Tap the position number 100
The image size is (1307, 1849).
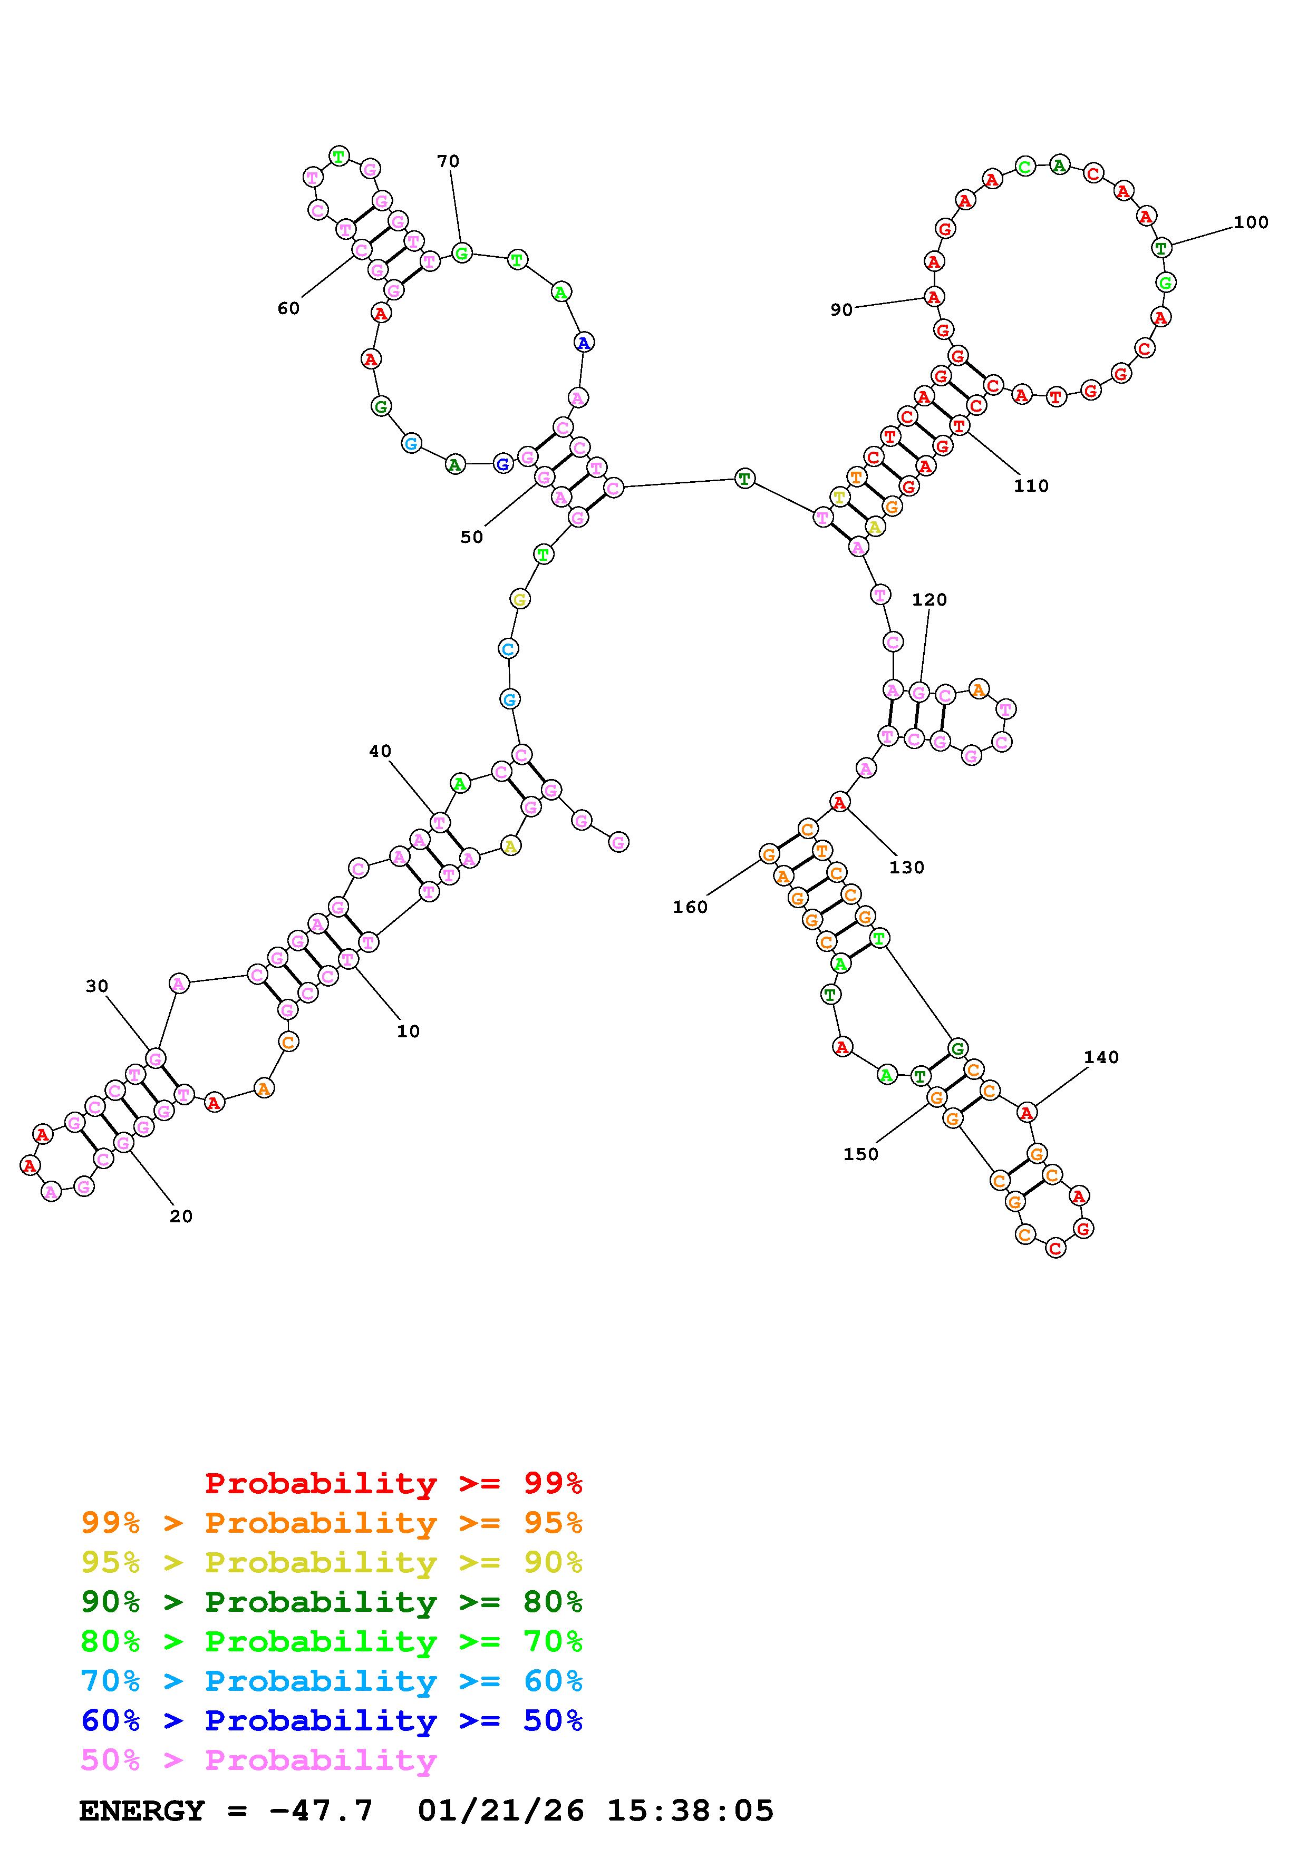coord(1251,222)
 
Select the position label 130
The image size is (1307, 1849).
coord(907,868)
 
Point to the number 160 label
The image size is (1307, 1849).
coord(690,907)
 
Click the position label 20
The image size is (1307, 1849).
coord(181,1216)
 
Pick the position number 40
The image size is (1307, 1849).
coord(380,751)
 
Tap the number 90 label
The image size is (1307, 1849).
coord(841,310)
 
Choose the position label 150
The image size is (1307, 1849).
coord(861,1154)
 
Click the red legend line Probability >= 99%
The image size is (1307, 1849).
coord(394,1483)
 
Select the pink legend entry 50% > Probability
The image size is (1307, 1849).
coord(258,1760)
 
